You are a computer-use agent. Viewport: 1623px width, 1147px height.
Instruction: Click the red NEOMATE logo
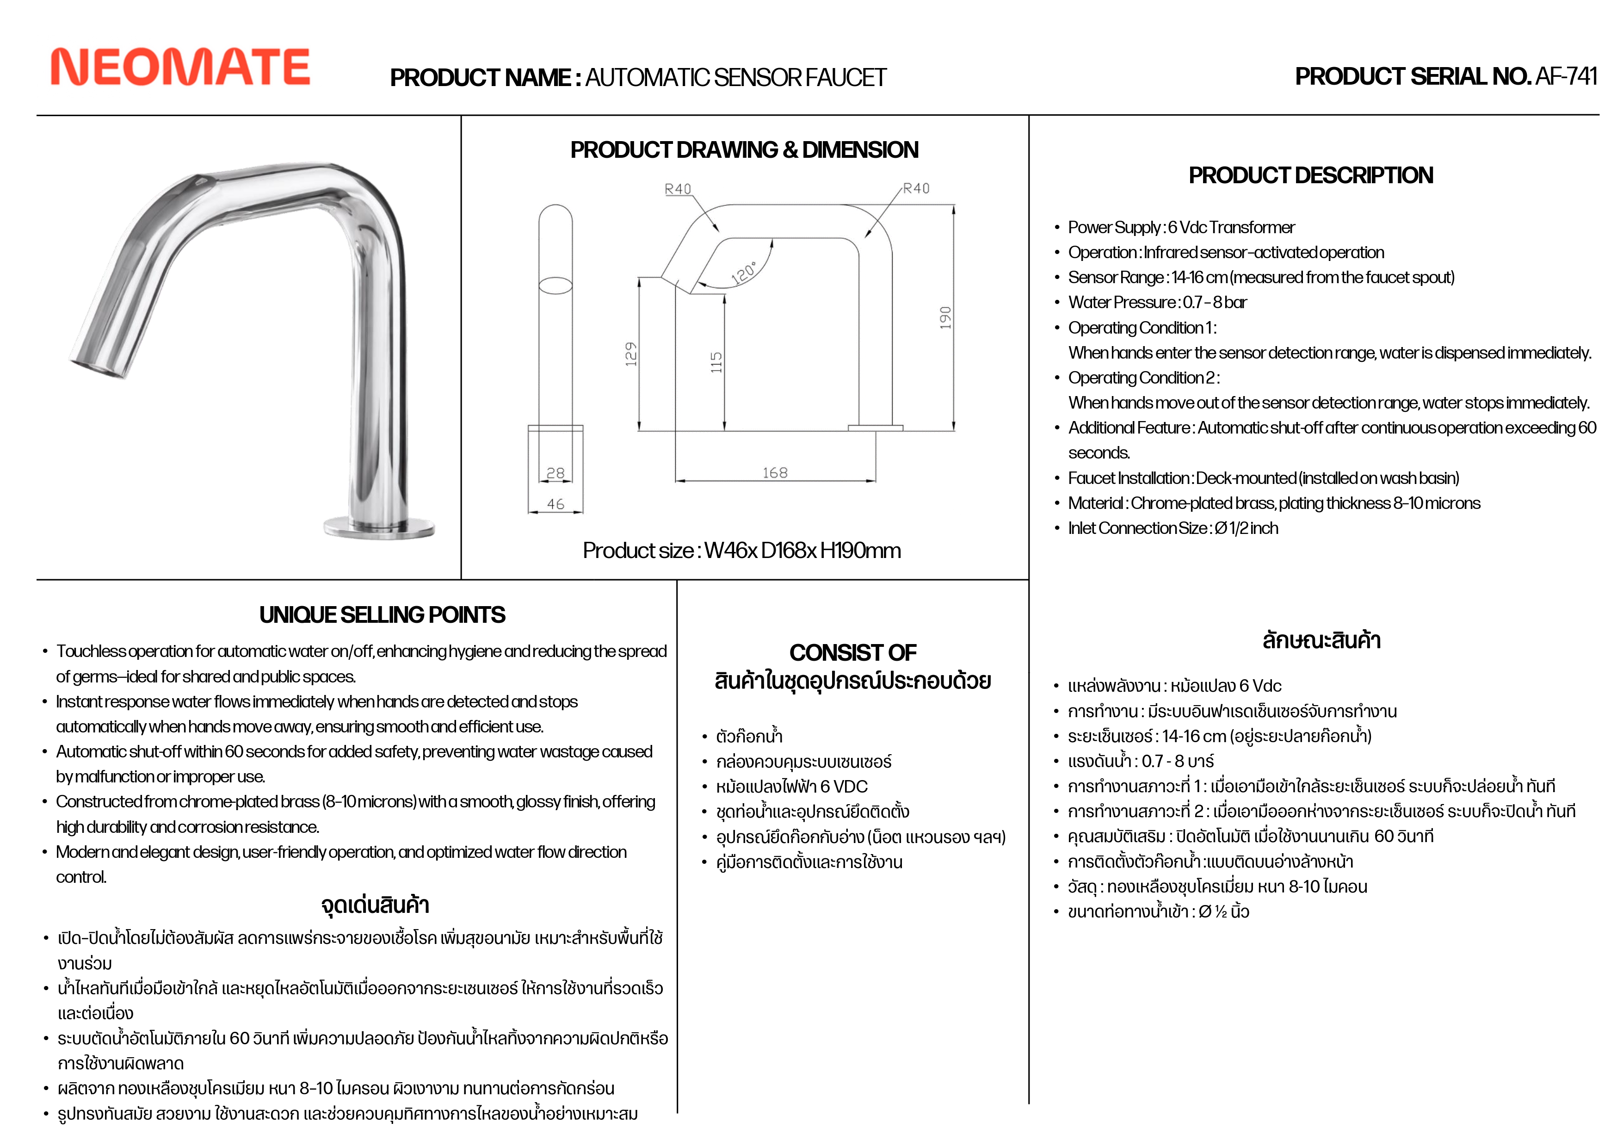(180, 67)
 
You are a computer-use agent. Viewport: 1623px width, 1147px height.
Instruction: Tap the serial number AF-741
(1566, 76)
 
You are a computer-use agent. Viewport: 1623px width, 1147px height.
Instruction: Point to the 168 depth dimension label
(775, 472)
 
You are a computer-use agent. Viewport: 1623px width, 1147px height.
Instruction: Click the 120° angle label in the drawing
(744, 272)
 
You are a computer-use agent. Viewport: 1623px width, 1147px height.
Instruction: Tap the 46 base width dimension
(555, 503)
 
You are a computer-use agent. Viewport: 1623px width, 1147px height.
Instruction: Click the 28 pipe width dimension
(555, 472)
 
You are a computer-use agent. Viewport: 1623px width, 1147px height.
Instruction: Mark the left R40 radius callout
(678, 189)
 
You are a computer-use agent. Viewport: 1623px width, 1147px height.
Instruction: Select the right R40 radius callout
(916, 188)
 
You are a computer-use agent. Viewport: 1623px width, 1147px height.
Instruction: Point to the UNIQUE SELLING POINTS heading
(383, 614)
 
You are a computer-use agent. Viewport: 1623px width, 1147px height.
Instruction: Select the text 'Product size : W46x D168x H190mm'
(741, 550)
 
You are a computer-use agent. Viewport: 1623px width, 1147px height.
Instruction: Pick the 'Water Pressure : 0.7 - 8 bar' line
(1157, 303)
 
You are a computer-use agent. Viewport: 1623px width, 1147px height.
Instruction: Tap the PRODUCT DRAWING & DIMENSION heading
(744, 150)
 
